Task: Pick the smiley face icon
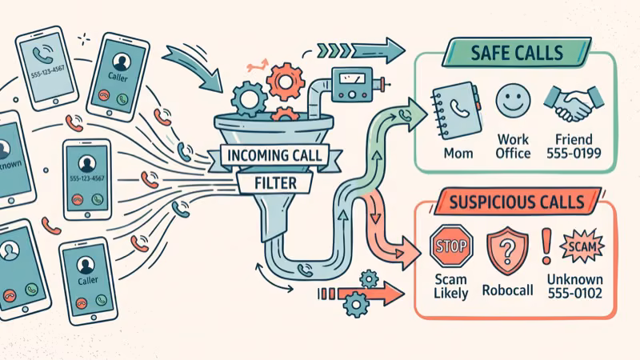pyautogui.click(x=513, y=103)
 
